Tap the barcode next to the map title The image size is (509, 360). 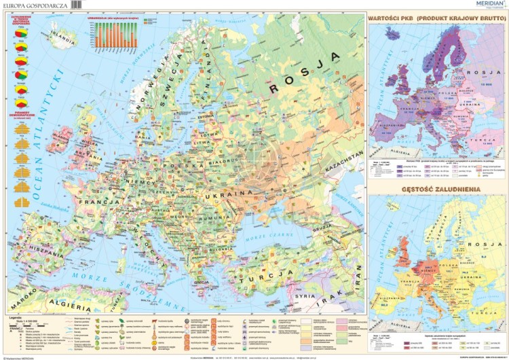(81, 6)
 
